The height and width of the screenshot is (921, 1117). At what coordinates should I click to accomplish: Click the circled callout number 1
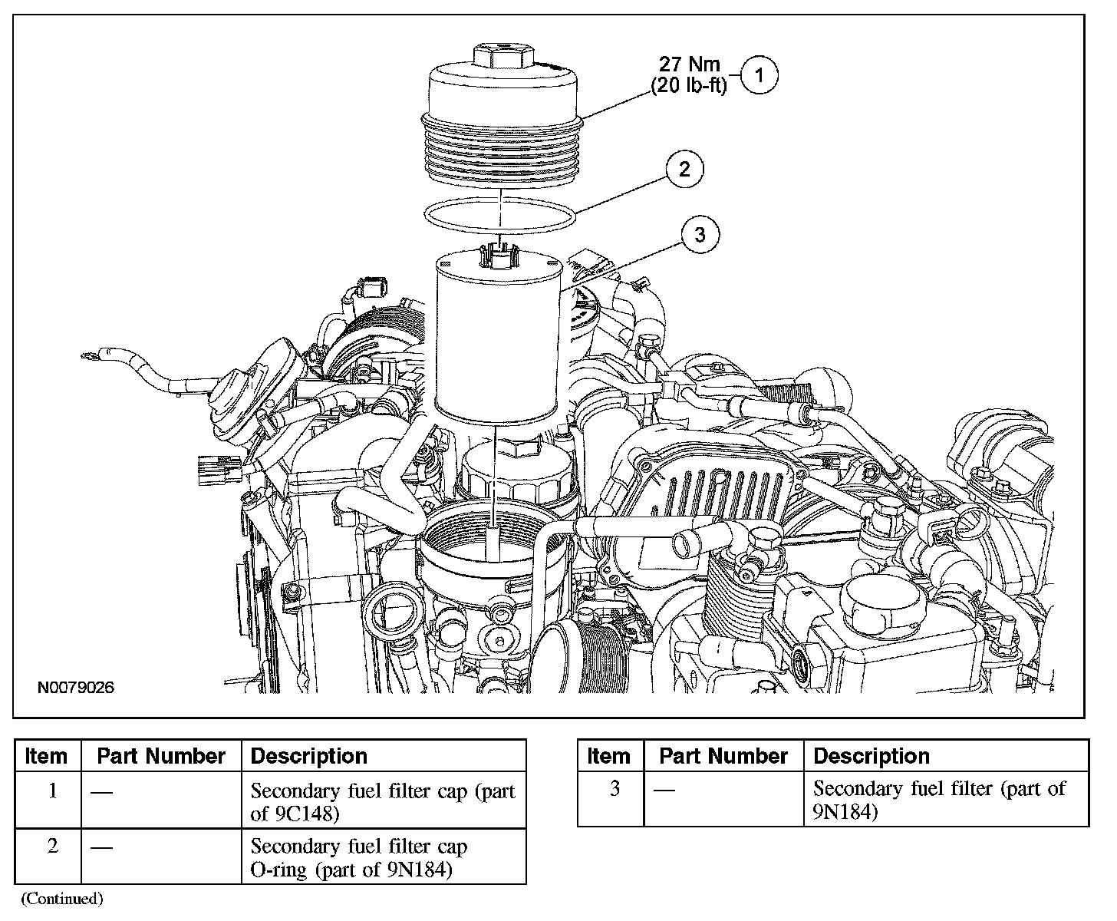coord(759,75)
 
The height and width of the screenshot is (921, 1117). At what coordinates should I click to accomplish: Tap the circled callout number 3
coord(699,235)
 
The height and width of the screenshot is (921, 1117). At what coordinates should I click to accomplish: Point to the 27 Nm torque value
coord(690,65)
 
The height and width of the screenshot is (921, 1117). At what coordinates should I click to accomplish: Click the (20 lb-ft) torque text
coord(688,86)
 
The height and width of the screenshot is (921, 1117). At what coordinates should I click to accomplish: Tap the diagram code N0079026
coord(76,688)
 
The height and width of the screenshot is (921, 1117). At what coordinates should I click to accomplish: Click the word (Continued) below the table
coord(61,898)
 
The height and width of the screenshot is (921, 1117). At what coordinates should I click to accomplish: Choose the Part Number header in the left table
coord(161,757)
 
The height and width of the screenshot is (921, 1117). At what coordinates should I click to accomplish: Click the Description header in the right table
coord(872,757)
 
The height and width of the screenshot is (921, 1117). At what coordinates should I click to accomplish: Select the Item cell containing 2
coord(52,847)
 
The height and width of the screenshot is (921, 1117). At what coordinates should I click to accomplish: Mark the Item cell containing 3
coord(614,789)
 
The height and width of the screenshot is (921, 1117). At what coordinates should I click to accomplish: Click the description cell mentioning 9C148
coord(382,801)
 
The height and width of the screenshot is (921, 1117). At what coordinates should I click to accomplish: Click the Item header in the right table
coord(608,757)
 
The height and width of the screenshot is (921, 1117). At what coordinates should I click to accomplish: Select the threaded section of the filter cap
coord(500,150)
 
